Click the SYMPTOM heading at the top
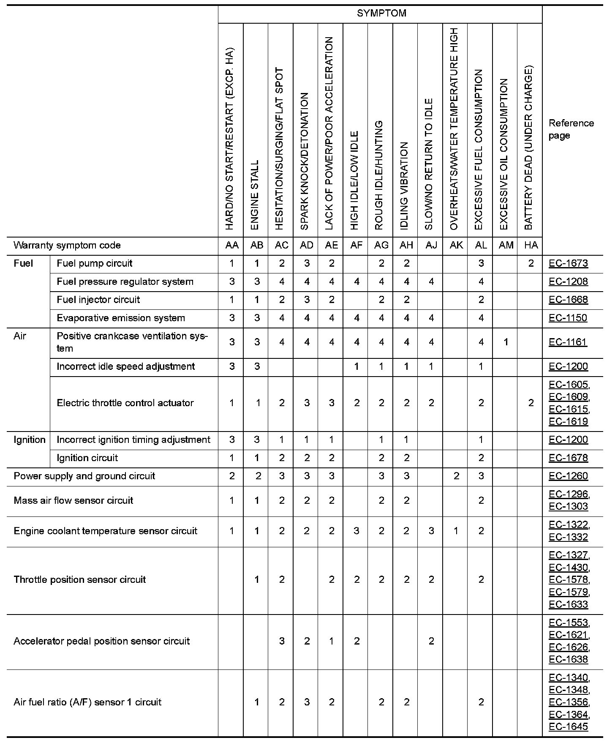click(x=381, y=14)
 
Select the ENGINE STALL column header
click(x=255, y=195)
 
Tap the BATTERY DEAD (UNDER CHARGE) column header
click(x=529, y=148)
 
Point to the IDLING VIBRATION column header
click(x=404, y=186)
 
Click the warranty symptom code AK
click(x=456, y=246)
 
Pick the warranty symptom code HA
click(x=531, y=246)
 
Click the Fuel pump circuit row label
click(x=94, y=264)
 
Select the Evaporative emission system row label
click(x=121, y=318)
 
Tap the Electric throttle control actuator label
click(x=125, y=403)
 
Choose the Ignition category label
click(x=29, y=440)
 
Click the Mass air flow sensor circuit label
click(x=73, y=501)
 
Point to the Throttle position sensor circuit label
click(x=79, y=580)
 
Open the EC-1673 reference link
click(x=568, y=264)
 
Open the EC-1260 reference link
click(x=568, y=476)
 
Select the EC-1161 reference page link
click(x=568, y=342)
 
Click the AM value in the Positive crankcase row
click(x=506, y=342)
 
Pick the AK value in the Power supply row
click(x=456, y=476)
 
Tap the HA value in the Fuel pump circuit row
click(x=531, y=264)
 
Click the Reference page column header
click(x=571, y=129)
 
